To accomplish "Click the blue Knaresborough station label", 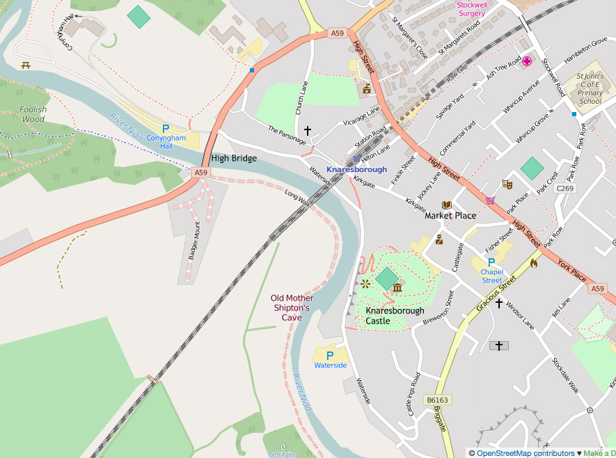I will (x=356, y=169).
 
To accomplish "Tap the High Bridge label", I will (x=234, y=158).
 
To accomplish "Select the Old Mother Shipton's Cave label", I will (x=292, y=308).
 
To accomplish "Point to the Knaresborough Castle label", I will (x=395, y=316).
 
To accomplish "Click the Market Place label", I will (x=450, y=216).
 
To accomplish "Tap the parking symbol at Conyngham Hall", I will (x=166, y=129).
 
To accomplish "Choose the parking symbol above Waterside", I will (x=330, y=356).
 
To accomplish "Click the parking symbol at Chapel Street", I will (x=491, y=262).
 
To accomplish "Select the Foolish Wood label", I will (x=33, y=114).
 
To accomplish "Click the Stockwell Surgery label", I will (x=471, y=8).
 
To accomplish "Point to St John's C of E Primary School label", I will (x=590, y=89).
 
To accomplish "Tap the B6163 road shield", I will (x=436, y=400).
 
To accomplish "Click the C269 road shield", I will (x=565, y=189).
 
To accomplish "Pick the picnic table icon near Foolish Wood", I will (x=26, y=65).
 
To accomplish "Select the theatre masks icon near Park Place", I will (x=507, y=184).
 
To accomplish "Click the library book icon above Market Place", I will (x=447, y=205).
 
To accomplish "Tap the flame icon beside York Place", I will (x=534, y=263).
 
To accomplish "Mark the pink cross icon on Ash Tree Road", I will (x=526, y=61).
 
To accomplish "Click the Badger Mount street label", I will (x=194, y=241).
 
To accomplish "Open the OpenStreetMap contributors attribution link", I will (x=521, y=453).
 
